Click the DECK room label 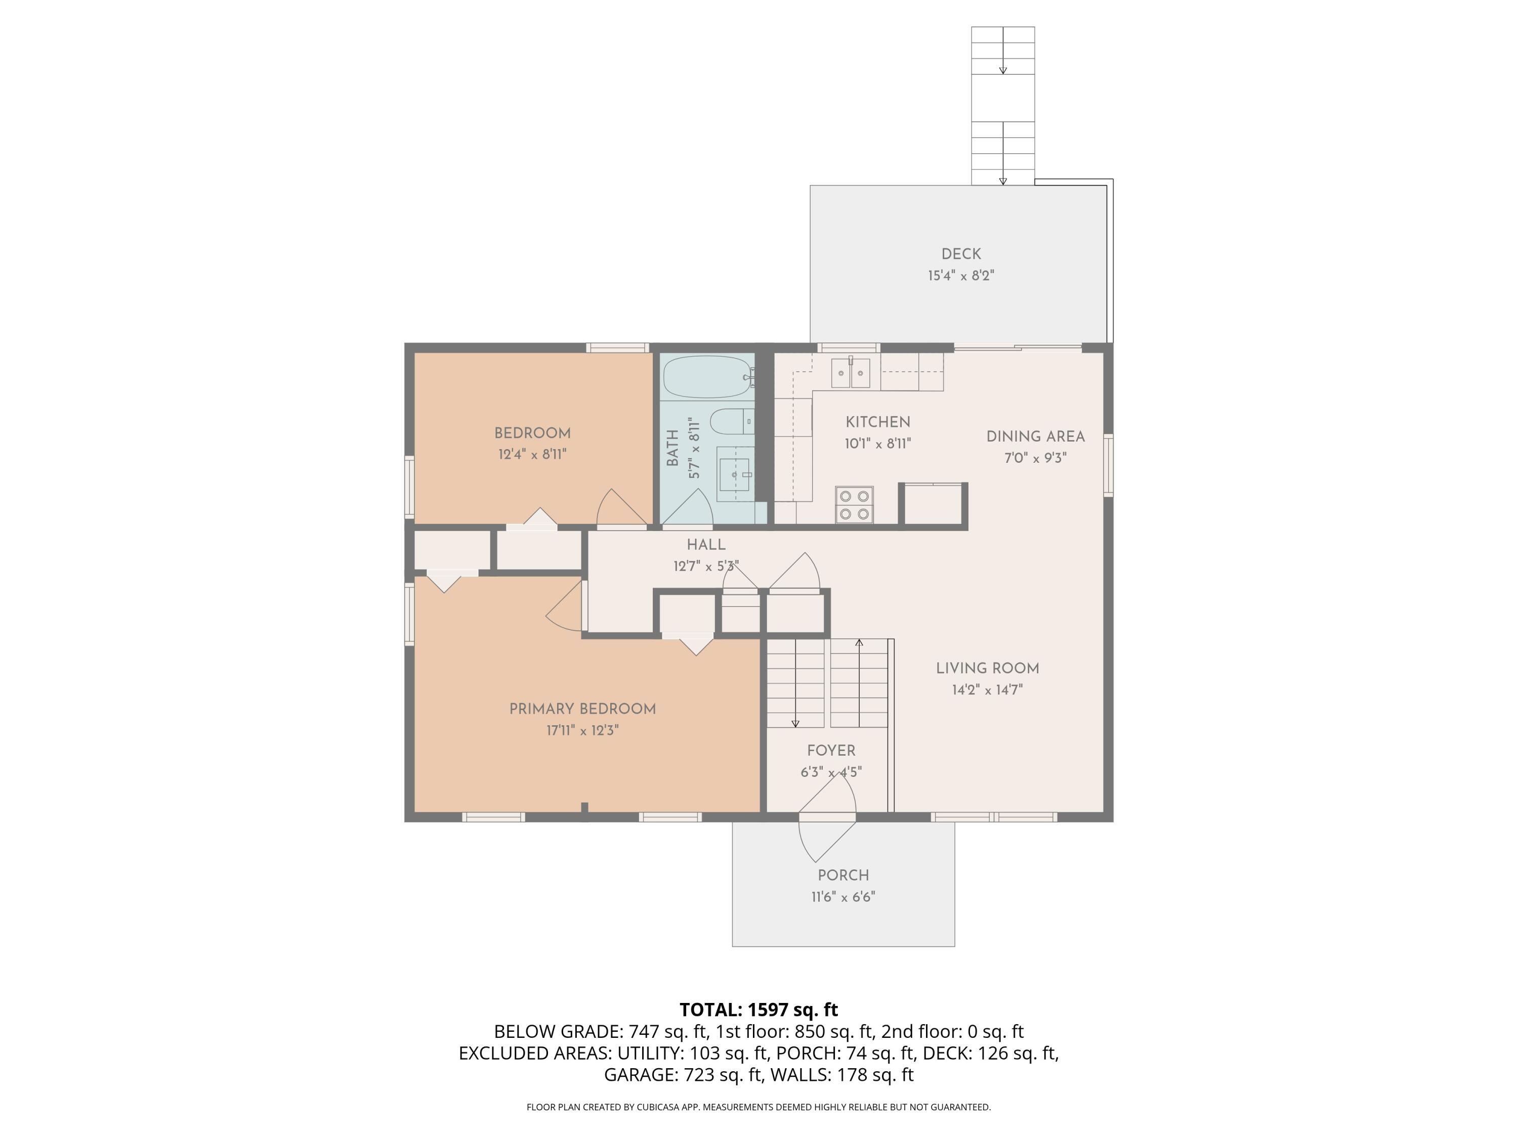tap(961, 254)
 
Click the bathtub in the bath tap(706, 377)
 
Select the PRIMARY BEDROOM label tap(582, 709)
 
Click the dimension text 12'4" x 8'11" tap(532, 454)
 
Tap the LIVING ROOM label tap(987, 668)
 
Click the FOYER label tap(831, 751)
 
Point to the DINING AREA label tap(1035, 436)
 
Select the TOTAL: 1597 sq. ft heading tap(758, 1010)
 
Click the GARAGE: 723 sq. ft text tap(682, 1075)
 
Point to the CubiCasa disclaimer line tap(758, 1107)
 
